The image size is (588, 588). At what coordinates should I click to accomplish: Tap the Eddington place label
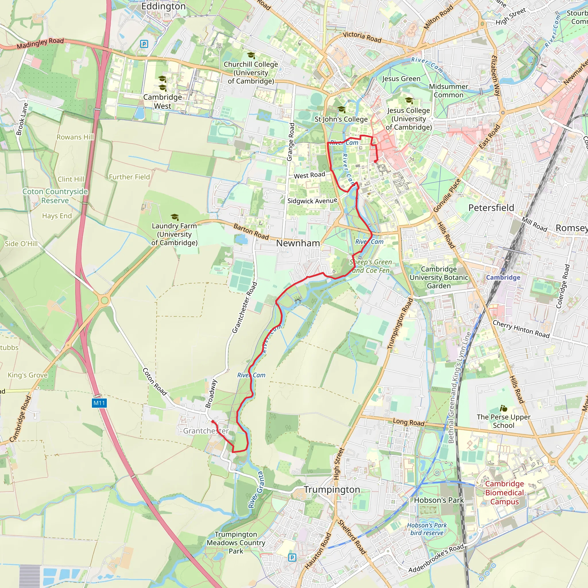click(163, 6)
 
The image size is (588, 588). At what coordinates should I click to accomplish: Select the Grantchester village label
click(206, 431)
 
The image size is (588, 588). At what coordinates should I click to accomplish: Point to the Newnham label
click(298, 243)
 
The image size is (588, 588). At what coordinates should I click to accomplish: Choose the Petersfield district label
click(491, 208)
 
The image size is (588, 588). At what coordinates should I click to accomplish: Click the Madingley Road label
click(40, 43)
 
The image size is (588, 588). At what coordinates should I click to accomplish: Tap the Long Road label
click(409, 422)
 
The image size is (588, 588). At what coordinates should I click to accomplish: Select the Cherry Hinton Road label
click(521, 329)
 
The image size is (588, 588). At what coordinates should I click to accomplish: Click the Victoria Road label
click(362, 37)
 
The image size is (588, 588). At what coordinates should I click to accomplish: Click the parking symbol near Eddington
click(144, 44)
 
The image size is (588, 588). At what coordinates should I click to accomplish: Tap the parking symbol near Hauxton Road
click(292, 558)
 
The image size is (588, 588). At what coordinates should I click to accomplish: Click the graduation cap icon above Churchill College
click(251, 55)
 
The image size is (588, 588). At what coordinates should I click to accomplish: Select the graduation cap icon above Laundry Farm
click(175, 217)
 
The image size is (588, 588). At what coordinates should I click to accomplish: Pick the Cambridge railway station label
click(503, 278)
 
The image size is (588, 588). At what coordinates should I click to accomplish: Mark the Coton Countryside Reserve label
click(55, 196)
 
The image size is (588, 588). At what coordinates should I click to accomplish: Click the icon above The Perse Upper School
click(503, 409)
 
